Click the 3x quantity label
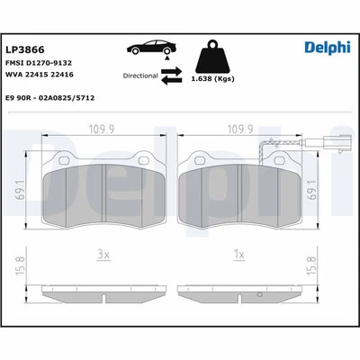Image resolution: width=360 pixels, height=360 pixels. [104, 256]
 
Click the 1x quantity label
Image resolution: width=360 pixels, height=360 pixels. [238, 256]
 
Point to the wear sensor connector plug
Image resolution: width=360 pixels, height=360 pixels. [316, 142]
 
